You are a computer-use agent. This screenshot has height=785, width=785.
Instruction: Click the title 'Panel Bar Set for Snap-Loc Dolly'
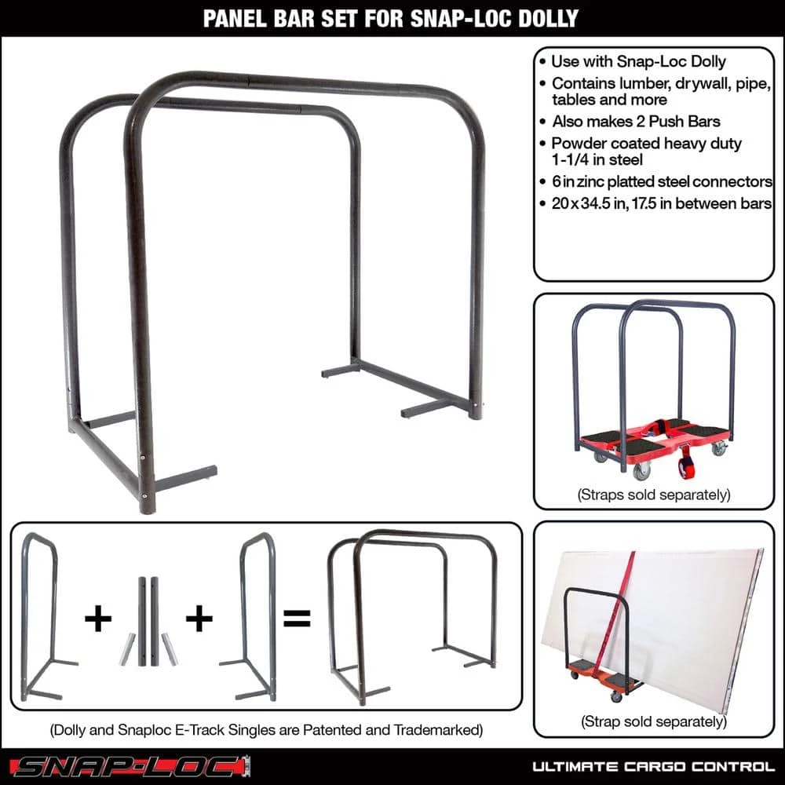[392, 19]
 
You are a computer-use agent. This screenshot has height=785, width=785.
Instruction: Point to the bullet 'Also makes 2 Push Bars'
[636, 122]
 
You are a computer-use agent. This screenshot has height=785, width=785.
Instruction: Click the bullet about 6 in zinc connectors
[658, 181]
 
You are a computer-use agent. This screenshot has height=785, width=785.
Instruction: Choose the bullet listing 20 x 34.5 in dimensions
[658, 203]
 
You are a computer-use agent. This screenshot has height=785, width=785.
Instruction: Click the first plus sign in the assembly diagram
[98, 619]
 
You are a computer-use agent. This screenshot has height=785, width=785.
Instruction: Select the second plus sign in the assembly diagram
[199, 619]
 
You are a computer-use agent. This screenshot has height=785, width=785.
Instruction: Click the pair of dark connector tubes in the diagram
[148, 620]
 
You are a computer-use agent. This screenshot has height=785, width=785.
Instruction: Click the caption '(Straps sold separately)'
[654, 495]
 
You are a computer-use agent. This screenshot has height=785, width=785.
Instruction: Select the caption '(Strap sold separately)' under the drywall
[654, 721]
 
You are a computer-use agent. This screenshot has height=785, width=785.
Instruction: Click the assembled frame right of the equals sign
[412, 616]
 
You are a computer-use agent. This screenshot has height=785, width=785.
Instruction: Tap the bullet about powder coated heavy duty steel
[646, 152]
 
